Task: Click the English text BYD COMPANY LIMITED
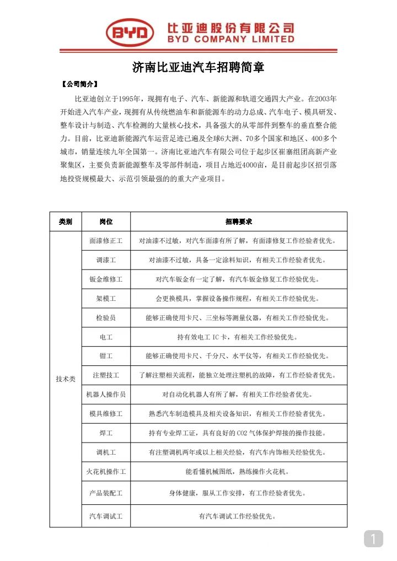231,39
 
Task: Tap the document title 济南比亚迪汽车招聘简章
198,68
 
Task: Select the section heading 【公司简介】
80,84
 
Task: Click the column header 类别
66,222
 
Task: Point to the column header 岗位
106,222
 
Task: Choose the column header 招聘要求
239,222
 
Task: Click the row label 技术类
66,379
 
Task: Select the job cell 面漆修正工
106,241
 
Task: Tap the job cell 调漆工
106,260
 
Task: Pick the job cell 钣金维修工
106,279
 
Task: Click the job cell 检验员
106,318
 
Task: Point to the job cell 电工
106,337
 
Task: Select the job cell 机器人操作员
106,395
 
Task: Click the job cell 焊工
106,433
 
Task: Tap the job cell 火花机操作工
106,472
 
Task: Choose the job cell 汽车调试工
106,516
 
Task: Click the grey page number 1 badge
373,538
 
